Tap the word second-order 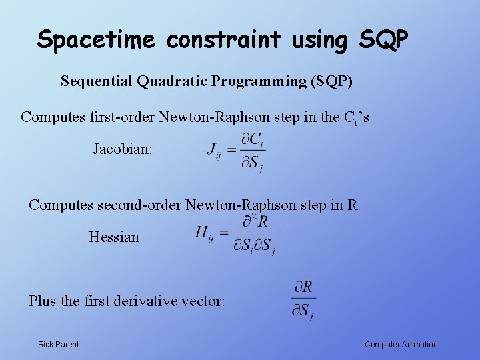(140, 205)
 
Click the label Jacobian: (122, 149)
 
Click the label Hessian (114, 237)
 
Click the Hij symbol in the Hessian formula (203, 234)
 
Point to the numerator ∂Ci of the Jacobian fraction (252, 141)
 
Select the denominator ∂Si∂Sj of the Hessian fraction (254, 246)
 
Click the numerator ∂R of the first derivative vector (303, 287)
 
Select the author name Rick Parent (58, 345)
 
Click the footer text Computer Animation (401, 345)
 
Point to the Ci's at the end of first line (356, 118)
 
